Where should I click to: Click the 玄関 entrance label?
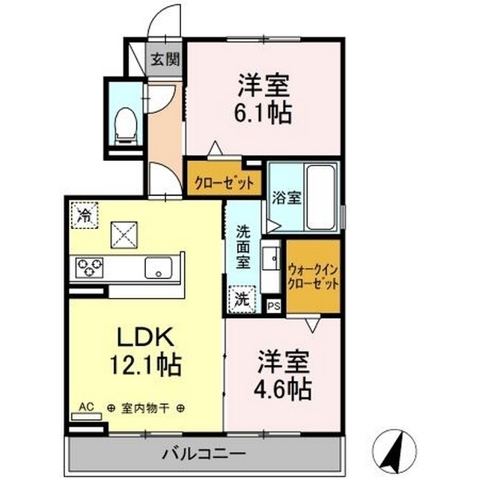pyautogui.click(x=165, y=59)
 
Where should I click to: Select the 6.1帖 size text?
pyautogui.click(x=263, y=114)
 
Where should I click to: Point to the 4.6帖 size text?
pyautogui.click(x=283, y=390)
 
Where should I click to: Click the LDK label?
pyautogui.click(x=146, y=337)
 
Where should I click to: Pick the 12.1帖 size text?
pyautogui.click(x=146, y=365)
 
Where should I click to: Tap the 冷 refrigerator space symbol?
pyautogui.click(x=85, y=215)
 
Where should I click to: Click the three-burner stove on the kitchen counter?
pyautogui.click(x=89, y=267)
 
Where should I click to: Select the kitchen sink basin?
pyautogui.click(x=158, y=268)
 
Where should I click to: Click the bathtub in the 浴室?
pyautogui.click(x=320, y=198)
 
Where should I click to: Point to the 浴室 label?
pyautogui.click(x=287, y=198)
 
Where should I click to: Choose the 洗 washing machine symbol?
pyautogui.click(x=242, y=299)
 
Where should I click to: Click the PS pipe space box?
pyautogui.click(x=274, y=306)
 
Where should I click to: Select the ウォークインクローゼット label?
pyautogui.click(x=313, y=277)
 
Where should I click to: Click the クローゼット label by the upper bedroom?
pyautogui.click(x=225, y=183)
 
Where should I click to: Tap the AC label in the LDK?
pyautogui.click(x=86, y=407)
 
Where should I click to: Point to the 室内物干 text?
pyautogui.click(x=145, y=409)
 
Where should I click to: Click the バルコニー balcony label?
pyautogui.click(x=204, y=454)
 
